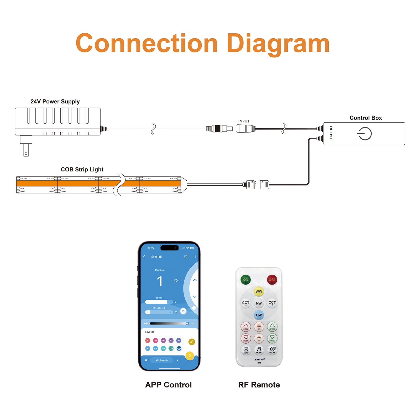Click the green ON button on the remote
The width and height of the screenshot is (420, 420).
point(245,280)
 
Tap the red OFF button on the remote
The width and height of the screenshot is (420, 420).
point(272,280)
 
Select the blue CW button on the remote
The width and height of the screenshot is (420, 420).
point(259,315)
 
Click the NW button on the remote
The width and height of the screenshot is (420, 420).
point(259,303)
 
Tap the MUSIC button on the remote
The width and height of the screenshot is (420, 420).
point(259,350)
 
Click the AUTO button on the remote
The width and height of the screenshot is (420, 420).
point(246,350)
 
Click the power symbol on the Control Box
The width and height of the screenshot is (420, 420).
point(364,134)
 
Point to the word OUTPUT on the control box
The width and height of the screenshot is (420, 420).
point(331,133)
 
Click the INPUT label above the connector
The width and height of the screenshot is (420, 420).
point(244,121)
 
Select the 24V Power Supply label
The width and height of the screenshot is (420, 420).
point(55,102)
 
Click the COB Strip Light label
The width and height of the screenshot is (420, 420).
point(82,170)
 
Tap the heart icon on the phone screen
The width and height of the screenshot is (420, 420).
point(176,281)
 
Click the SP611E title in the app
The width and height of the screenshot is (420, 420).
point(156,257)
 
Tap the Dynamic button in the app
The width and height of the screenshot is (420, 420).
point(162,360)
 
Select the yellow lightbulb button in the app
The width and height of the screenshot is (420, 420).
point(190,356)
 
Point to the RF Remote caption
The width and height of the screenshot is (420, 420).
point(259,385)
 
